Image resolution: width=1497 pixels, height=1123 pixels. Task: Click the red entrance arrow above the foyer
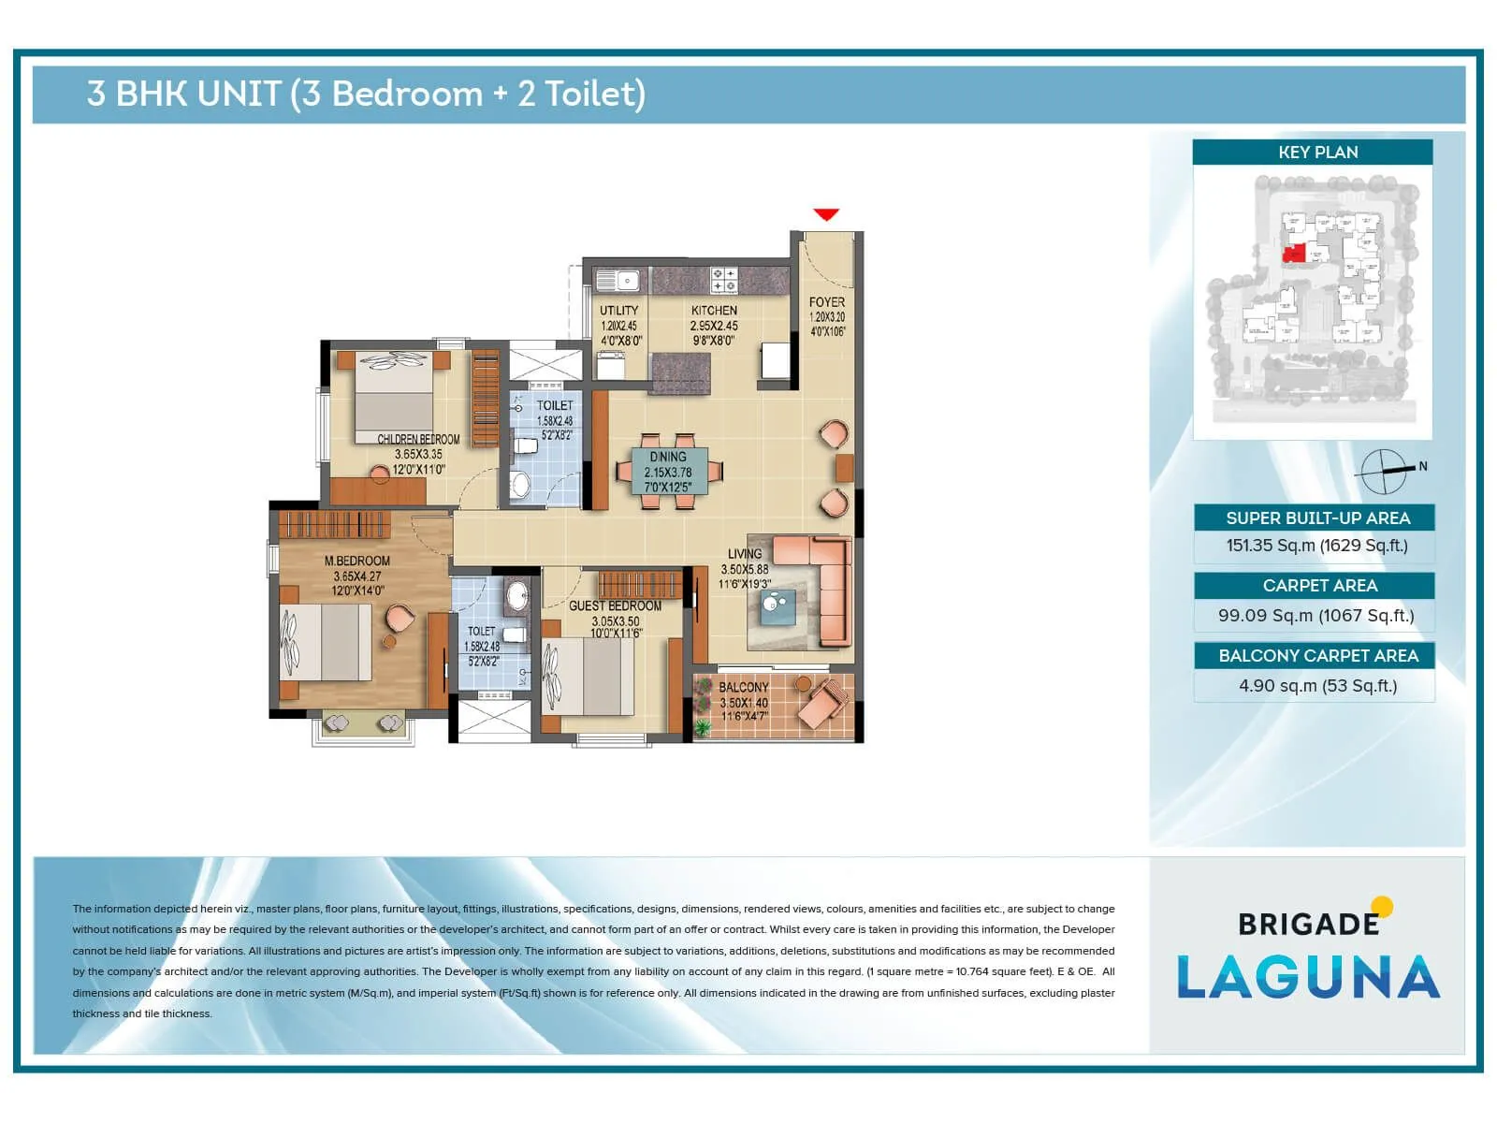pyautogui.click(x=826, y=215)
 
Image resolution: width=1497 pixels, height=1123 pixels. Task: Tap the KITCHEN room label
pyautogui.click(x=714, y=311)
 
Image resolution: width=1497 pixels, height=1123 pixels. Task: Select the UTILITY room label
pyautogui.click(x=618, y=311)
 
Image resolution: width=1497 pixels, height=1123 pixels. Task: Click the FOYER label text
pyautogui.click(x=827, y=302)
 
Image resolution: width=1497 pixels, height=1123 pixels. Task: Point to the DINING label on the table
pyautogui.click(x=668, y=457)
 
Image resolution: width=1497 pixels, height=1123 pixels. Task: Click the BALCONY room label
pyautogui.click(x=743, y=687)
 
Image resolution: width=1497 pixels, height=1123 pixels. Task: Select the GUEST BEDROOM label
pyautogui.click(x=615, y=606)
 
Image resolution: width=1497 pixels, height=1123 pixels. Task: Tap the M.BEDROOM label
pyautogui.click(x=356, y=561)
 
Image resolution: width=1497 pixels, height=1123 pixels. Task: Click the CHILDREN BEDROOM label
pyautogui.click(x=418, y=439)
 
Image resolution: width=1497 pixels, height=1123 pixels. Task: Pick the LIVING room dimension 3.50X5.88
pyautogui.click(x=745, y=569)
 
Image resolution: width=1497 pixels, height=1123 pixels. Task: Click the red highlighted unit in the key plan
pyautogui.click(x=1294, y=254)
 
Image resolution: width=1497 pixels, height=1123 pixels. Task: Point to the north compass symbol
pyautogui.click(x=1384, y=472)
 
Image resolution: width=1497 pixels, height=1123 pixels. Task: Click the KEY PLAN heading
pyautogui.click(x=1317, y=153)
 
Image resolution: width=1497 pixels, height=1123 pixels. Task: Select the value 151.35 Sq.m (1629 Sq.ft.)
pyautogui.click(x=1316, y=546)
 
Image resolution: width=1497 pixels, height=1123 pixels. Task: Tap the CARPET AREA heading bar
pyautogui.click(x=1318, y=586)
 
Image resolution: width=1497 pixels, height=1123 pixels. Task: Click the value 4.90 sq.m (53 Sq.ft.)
pyautogui.click(x=1317, y=686)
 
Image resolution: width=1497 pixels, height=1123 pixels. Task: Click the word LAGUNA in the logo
pyautogui.click(x=1308, y=978)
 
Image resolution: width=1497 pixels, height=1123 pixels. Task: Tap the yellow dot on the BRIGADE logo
pyautogui.click(x=1382, y=907)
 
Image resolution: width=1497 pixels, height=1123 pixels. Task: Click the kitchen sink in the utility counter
pyautogui.click(x=618, y=280)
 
